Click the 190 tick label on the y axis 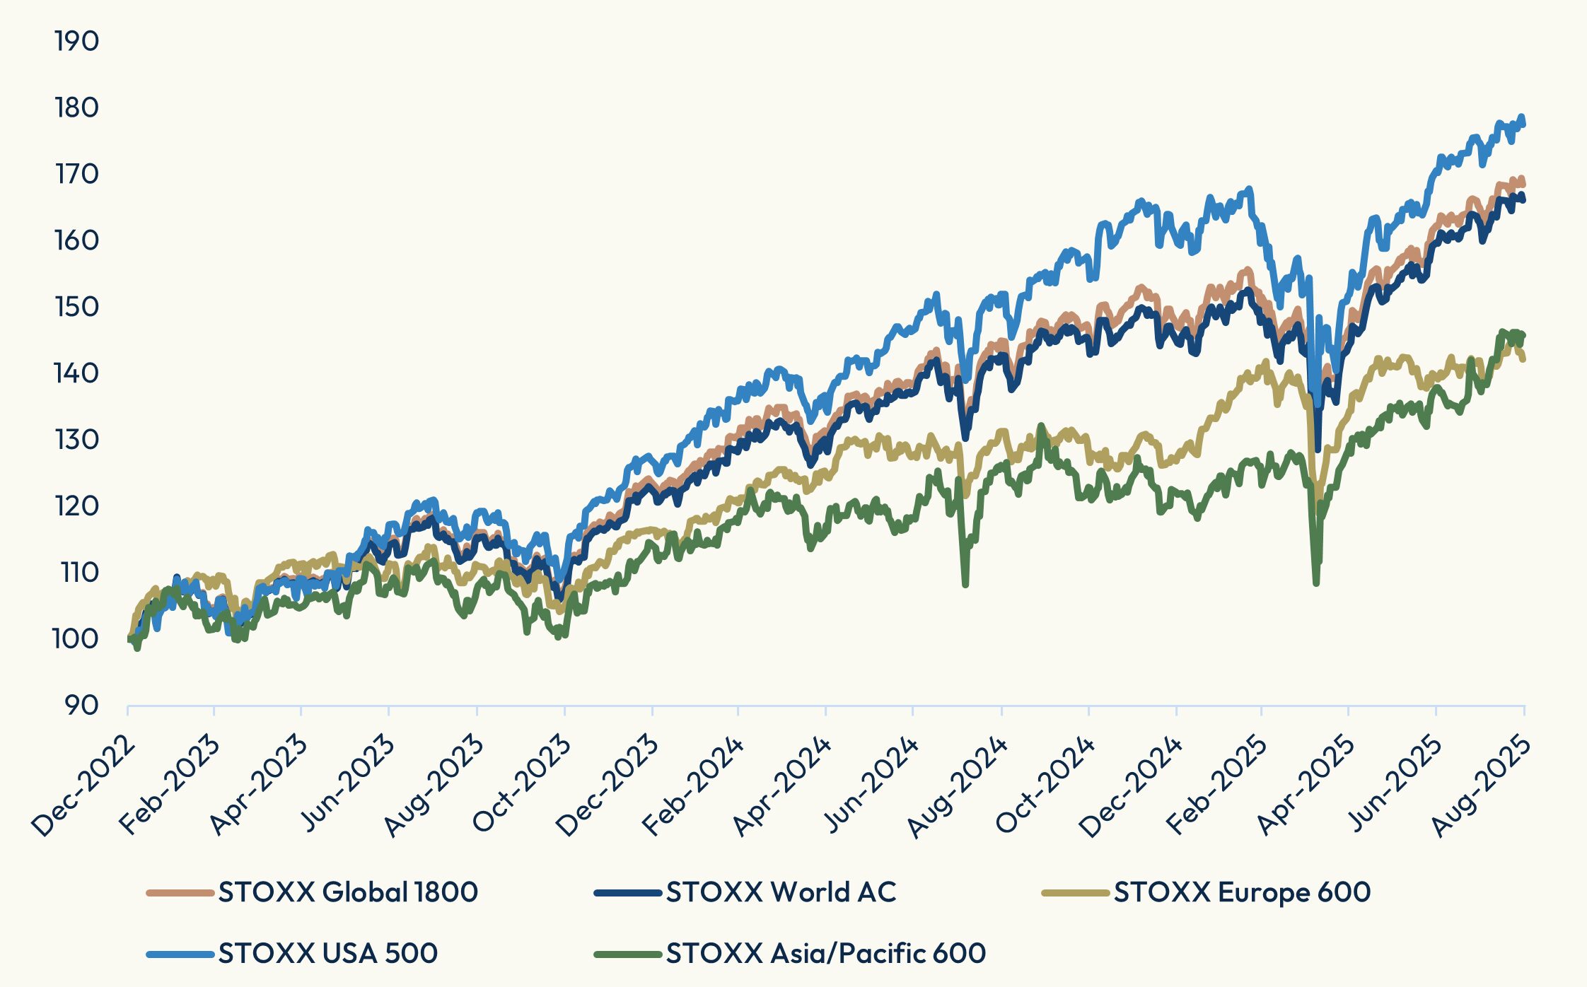click(x=76, y=42)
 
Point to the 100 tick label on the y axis click(x=75, y=639)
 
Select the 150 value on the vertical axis click(x=76, y=307)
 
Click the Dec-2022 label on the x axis click(x=83, y=785)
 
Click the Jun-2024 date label click(x=870, y=785)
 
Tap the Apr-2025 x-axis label click(x=1307, y=785)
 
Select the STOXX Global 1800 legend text click(x=348, y=892)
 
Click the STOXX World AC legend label click(x=781, y=892)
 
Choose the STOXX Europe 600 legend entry click(x=1242, y=892)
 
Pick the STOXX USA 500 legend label click(x=328, y=954)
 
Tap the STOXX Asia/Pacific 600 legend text click(x=825, y=954)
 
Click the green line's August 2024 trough click(x=965, y=584)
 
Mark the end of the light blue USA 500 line click(x=1523, y=123)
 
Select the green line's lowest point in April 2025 click(x=1316, y=583)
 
